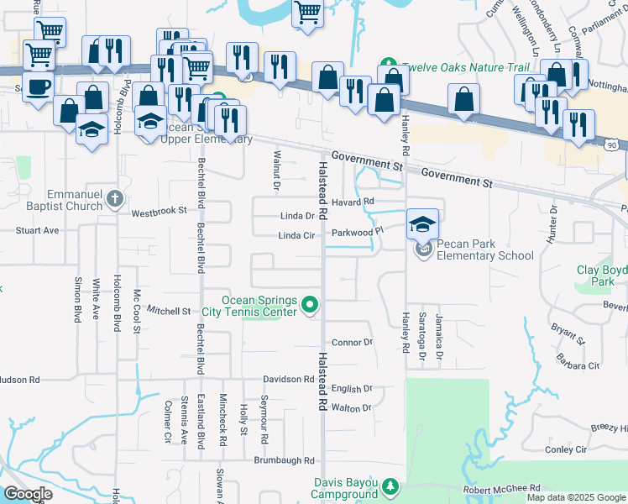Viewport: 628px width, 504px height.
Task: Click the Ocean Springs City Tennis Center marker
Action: [310, 304]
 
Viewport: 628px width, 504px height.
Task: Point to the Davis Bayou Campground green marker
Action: [390, 486]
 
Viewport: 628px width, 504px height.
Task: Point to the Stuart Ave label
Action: [38, 229]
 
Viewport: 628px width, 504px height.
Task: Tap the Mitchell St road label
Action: [170, 311]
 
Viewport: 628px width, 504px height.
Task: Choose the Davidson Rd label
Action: [287, 380]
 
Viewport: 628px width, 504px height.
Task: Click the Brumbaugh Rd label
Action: [285, 460]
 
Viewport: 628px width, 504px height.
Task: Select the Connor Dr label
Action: [352, 343]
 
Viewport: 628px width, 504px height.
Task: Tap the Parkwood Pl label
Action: [357, 231]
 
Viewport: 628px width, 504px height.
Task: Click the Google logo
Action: [27, 494]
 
